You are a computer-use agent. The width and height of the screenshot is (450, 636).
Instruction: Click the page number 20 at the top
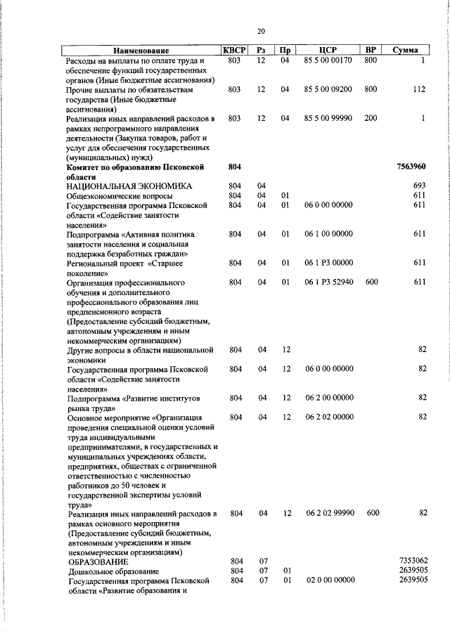(x=261, y=31)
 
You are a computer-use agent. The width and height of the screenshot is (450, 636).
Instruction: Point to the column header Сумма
(x=406, y=51)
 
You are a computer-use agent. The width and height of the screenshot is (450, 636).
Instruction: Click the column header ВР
(x=371, y=51)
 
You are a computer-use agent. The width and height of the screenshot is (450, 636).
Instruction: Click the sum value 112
(x=420, y=89)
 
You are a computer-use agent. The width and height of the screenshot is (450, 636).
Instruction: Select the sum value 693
(x=420, y=186)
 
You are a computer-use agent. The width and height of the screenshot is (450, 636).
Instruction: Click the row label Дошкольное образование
(x=113, y=572)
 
